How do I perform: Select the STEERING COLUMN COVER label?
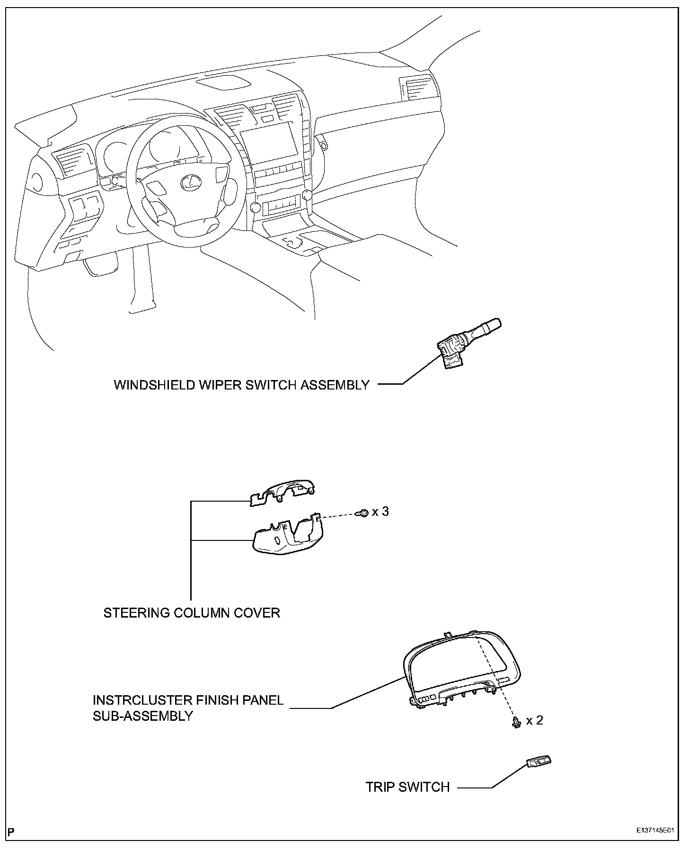click(192, 613)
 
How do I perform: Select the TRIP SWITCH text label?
click(407, 787)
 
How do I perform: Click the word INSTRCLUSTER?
click(145, 700)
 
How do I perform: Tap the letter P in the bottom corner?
click(11, 831)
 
